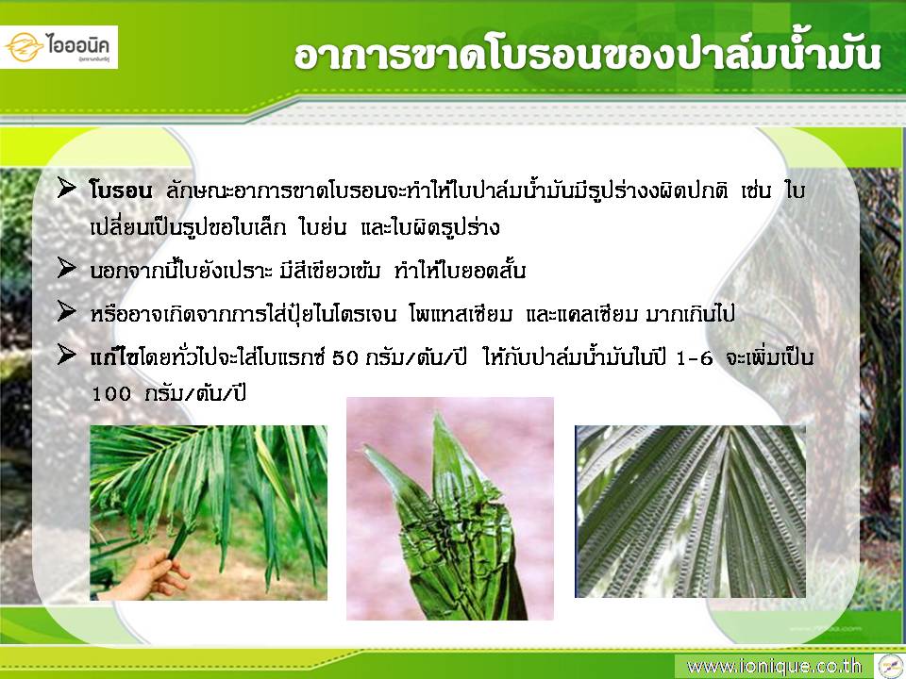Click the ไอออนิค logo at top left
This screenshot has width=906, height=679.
(x=59, y=47)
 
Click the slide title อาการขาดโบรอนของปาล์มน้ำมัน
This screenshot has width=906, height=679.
(x=587, y=56)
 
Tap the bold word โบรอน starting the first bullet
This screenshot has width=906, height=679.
(x=121, y=190)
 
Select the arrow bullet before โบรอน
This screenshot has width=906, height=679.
(x=67, y=189)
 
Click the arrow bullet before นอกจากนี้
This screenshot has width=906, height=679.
(x=67, y=268)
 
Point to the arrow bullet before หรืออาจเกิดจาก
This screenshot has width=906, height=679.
(x=67, y=311)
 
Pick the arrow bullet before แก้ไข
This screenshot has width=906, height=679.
(x=67, y=355)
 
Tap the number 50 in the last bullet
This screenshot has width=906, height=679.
(x=346, y=358)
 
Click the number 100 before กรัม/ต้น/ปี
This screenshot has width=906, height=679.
(x=111, y=394)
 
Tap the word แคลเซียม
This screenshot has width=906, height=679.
(x=600, y=315)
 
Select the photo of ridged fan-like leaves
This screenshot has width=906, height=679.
(x=690, y=511)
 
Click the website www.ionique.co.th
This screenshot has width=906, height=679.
(x=774, y=667)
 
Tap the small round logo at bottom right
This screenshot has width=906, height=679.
(x=890, y=667)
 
